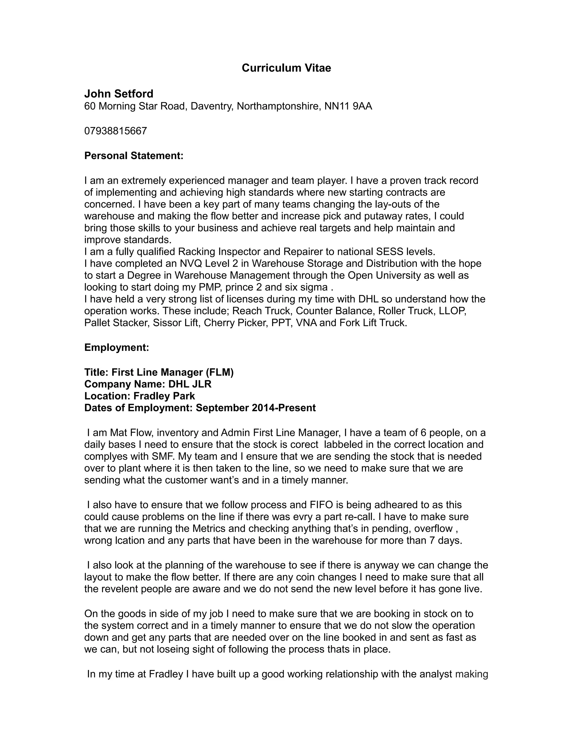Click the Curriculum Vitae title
click(x=286, y=68)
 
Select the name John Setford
click(x=119, y=94)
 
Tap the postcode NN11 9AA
click(x=348, y=106)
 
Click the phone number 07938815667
click(x=116, y=131)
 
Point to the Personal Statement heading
click(x=134, y=156)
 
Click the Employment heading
click(x=117, y=347)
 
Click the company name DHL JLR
click(x=190, y=384)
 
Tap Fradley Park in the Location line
click(x=164, y=396)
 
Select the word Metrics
click(x=213, y=529)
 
